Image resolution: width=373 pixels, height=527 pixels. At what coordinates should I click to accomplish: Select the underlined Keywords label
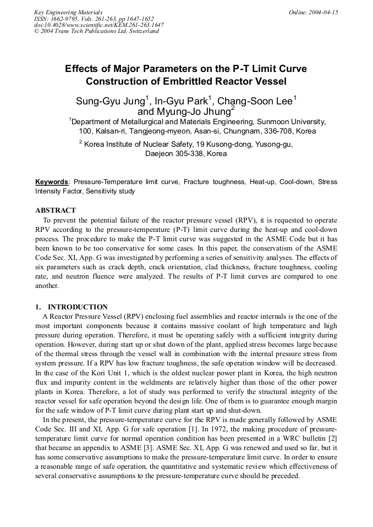(52, 182)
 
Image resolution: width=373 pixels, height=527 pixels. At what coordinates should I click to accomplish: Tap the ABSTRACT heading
(56, 210)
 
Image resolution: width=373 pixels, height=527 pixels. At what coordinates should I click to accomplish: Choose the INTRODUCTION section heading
(78, 307)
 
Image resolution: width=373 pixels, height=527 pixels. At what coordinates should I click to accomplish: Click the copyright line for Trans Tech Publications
(96, 31)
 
